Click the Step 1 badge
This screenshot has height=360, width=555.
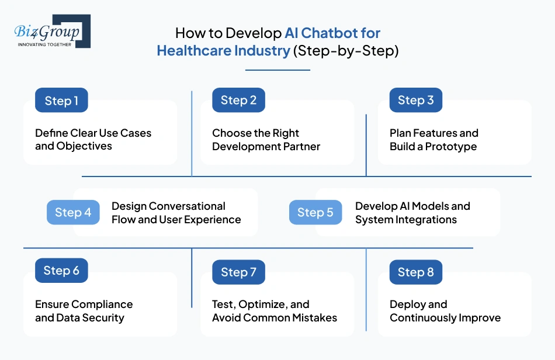coord(61,101)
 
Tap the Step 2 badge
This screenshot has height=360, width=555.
coord(238,101)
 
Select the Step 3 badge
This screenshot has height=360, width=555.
coord(415,101)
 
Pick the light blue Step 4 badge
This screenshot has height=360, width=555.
coord(73,213)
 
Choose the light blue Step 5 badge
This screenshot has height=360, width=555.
coord(315,213)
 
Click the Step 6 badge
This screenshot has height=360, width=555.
coord(61,271)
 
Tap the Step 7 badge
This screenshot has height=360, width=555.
coord(238,272)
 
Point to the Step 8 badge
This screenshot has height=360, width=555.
coord(415,272)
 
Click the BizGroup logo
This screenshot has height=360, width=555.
coord(52,32)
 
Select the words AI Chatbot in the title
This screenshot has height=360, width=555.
coord(332,33)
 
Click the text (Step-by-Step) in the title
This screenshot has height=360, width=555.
coord(346,51)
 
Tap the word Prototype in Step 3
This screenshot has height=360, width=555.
coord(450,147)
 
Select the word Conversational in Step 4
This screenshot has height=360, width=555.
coord(187,206)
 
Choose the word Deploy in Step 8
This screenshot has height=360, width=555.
coord(409,304)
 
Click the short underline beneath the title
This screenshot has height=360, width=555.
coord(277,70)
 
